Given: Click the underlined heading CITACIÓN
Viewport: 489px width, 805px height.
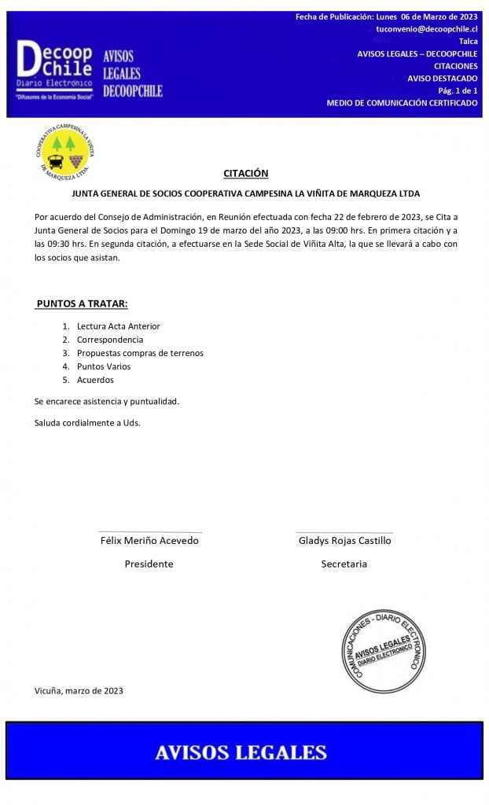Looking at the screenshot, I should coord(245,173).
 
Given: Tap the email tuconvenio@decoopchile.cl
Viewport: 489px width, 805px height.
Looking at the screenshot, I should coord(426,28).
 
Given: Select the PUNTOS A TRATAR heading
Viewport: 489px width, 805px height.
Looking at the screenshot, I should coord(82,303).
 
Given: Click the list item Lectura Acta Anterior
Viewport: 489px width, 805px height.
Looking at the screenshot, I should coord(118,326).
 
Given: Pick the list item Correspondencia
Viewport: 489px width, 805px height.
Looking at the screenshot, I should coord(109,340).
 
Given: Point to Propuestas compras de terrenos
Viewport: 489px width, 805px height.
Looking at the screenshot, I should coord(140,353).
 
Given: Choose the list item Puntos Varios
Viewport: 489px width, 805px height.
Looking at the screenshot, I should coord(104,366).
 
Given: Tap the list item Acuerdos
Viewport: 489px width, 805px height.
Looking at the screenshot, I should coord(95,380).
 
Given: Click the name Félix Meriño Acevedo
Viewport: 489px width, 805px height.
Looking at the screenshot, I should coord(149,541).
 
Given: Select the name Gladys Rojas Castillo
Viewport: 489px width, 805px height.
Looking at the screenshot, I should coord(344,541).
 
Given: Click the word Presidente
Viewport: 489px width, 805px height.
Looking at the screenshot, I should coord(149,564).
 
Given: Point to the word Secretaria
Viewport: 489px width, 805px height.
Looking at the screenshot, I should coord(344,564).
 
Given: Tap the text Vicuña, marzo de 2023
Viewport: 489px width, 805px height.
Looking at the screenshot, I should coord(79,691).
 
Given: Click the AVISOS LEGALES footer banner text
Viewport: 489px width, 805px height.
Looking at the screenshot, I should coord(241,752).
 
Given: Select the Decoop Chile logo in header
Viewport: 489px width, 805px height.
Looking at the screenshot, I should coord(55,68).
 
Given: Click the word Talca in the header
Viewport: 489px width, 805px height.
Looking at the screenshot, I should coord(468,41).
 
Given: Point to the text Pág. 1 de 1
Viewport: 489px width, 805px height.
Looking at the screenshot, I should coord(458,90).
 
